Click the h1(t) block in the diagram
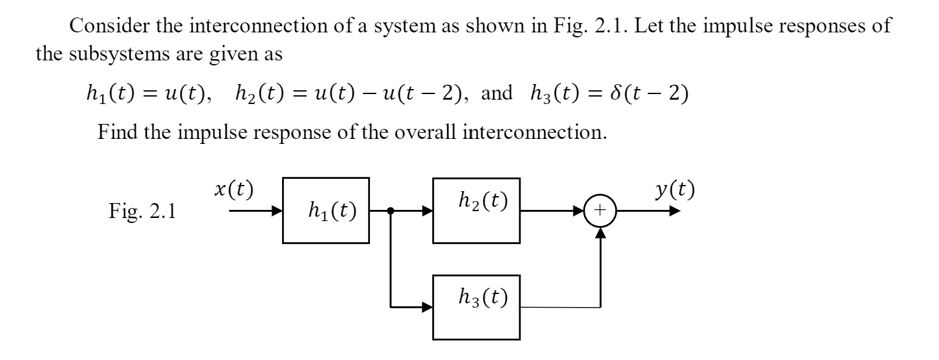(x=326, y=211)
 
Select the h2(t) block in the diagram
(x=476, y=211)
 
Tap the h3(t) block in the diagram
(x=476, y=306)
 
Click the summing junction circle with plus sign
(x=600, y=211)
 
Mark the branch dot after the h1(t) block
(x=390, y=211)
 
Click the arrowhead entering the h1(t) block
(x=276, y=211)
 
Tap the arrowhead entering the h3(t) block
(x=427, y=306)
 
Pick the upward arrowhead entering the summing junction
(x=600, y=232)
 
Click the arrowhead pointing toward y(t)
(x=675, y=211)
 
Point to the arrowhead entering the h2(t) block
(x=427, y=211)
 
